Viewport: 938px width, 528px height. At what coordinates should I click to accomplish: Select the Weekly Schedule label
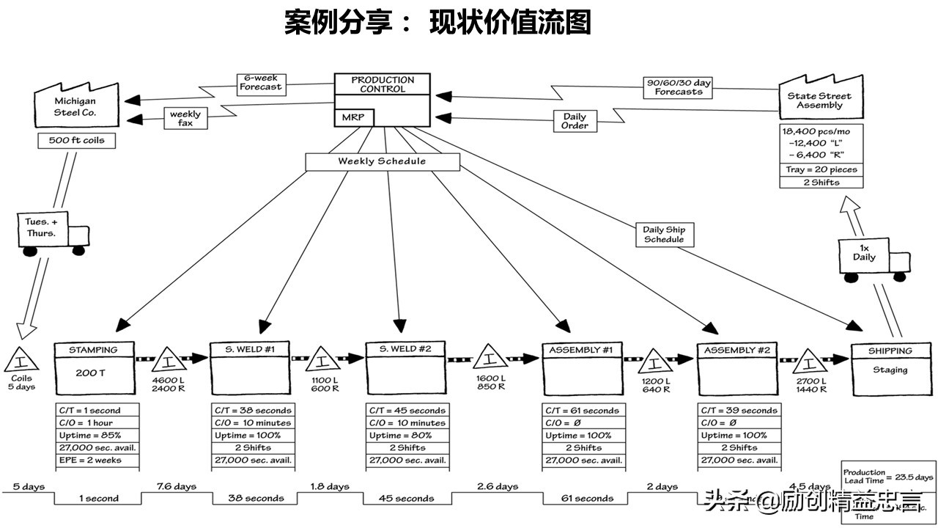tap(382, 161)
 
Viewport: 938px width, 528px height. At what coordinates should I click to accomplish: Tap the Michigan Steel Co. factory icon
tap(75, 106)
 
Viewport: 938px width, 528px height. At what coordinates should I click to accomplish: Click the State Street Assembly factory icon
tap(819, 100)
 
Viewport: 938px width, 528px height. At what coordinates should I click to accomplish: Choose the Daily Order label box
tap(575, 121)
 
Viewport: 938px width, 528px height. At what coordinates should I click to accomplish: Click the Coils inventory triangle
tap(21, 361)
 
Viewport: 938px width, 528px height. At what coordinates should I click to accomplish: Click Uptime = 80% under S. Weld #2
tap(406, 435)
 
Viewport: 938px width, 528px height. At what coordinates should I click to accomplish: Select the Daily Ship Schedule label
tap(664, 235)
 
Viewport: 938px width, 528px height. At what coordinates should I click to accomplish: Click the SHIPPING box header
tap(890, 351)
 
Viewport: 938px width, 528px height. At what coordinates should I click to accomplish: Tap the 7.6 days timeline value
tap(176, 486)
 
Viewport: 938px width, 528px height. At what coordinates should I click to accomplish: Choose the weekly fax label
tap(185, 118)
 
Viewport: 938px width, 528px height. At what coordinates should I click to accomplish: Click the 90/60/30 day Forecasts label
tap(678, 87)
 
